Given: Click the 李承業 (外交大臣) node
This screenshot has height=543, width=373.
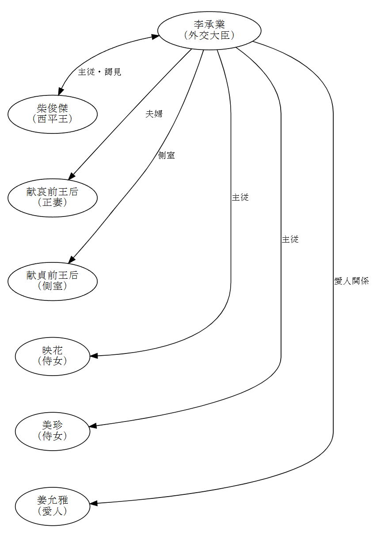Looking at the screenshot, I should (x=209, y=30).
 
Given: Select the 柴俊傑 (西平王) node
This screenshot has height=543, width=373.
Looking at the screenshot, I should (x=53, y=114).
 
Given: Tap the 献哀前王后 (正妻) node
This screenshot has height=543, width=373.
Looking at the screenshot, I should (x=53, y=197).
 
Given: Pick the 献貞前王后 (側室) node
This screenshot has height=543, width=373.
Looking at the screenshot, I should (x=53, y=281).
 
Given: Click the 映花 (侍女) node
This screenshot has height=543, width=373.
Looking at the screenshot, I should (x=53, y=356).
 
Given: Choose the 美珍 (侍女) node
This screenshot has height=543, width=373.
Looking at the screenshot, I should (x=53, y=431).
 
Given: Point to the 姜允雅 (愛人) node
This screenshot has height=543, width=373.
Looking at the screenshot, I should (x=53, y=506).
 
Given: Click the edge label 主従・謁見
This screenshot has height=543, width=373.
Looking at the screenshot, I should (x=99, y=72).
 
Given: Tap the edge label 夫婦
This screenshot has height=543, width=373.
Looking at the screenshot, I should (x=154, y=114).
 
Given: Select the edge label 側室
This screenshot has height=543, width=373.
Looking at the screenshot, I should (x=166, y=156).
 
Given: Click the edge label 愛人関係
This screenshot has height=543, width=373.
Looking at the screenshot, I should (x=351, y=281).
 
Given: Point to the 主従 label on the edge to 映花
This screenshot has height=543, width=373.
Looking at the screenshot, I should (x=240, y=197).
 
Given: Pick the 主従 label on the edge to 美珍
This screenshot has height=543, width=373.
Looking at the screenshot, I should (x=290, y=239).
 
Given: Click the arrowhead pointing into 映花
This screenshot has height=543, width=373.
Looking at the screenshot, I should (x=94, y=356).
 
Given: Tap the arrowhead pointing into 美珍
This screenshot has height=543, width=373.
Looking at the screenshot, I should (x=93, y=426).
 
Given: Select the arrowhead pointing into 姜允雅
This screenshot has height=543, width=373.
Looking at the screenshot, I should (x=94, y=503).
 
